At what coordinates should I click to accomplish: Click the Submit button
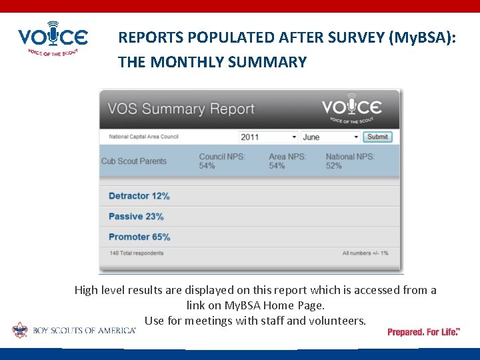(377, 137)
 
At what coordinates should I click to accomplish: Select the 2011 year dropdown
(268, 137)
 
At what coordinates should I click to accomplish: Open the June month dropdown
(330, 137)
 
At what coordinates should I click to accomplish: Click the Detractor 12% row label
(139, 196)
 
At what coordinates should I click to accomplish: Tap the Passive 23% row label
(136, 217)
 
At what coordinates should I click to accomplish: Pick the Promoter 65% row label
(139, 237)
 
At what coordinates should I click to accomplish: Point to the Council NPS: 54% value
(221, 161)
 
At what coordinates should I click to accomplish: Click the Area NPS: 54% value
(287, 161)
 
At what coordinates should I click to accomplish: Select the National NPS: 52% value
(350, 161)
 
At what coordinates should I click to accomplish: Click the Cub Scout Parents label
(134, 161)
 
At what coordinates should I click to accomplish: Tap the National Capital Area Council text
(144, 137)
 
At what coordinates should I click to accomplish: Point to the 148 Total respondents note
(137, 253)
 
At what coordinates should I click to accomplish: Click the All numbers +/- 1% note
(365, 253)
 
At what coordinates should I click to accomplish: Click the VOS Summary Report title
(181, 109)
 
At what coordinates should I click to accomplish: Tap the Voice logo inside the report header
(351, 109)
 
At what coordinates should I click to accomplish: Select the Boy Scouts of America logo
(73, 330)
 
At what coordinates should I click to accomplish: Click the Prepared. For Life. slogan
(423, 331)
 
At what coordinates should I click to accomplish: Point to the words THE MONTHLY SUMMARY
(212, 63)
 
